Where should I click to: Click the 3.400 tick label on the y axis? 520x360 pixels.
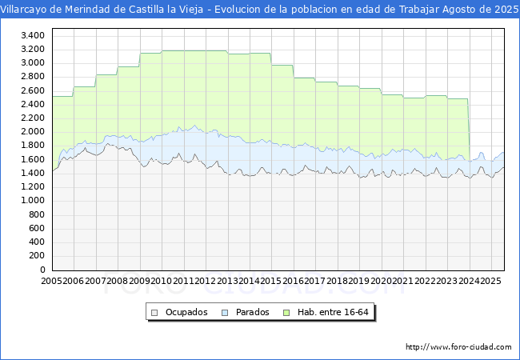(32, 36)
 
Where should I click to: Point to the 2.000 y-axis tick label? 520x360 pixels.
(32, 132)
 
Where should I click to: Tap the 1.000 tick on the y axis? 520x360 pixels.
(32, 201)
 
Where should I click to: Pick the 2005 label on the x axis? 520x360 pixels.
(52, 281)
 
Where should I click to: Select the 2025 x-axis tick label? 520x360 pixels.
(490, 281)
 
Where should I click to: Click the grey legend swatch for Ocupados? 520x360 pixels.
(154, 312)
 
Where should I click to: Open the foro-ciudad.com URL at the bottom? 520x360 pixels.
(458, 346)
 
